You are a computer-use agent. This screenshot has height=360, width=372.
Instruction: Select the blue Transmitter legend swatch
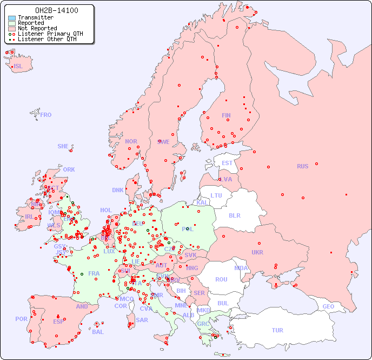tap(12, 18)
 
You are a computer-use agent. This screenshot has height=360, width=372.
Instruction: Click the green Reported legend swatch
tap(12, 23)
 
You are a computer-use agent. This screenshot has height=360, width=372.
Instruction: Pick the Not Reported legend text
tap(37, 29)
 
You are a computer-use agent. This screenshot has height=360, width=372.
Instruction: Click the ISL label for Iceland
tap(18, 67)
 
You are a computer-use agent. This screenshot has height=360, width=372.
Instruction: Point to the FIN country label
tap(226, 115)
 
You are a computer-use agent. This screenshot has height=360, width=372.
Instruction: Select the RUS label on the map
tap(302, 166)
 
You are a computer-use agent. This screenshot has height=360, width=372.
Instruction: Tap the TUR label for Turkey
tap(277, 330)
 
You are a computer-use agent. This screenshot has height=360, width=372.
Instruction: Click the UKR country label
tap(257, 252)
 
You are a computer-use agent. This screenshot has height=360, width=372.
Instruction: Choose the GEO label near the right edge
tap(328, 306)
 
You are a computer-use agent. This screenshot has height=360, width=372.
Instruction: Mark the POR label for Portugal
tap(21, 319)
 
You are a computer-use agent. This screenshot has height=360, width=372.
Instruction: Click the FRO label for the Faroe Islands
tap(46, 115)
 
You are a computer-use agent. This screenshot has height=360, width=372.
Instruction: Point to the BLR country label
tap(234, 215)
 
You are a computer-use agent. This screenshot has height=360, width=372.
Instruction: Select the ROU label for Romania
tap(221, 279)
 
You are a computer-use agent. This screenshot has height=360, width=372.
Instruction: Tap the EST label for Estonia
tap(227, 163)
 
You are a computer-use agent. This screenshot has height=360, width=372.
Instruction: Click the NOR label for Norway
tap(131, 141)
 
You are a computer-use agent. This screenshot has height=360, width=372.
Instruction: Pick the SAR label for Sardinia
tap(142, 320)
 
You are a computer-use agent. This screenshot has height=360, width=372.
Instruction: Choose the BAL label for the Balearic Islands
tap(97, 332)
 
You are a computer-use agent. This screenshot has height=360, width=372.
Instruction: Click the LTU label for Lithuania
tap(216, 195)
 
